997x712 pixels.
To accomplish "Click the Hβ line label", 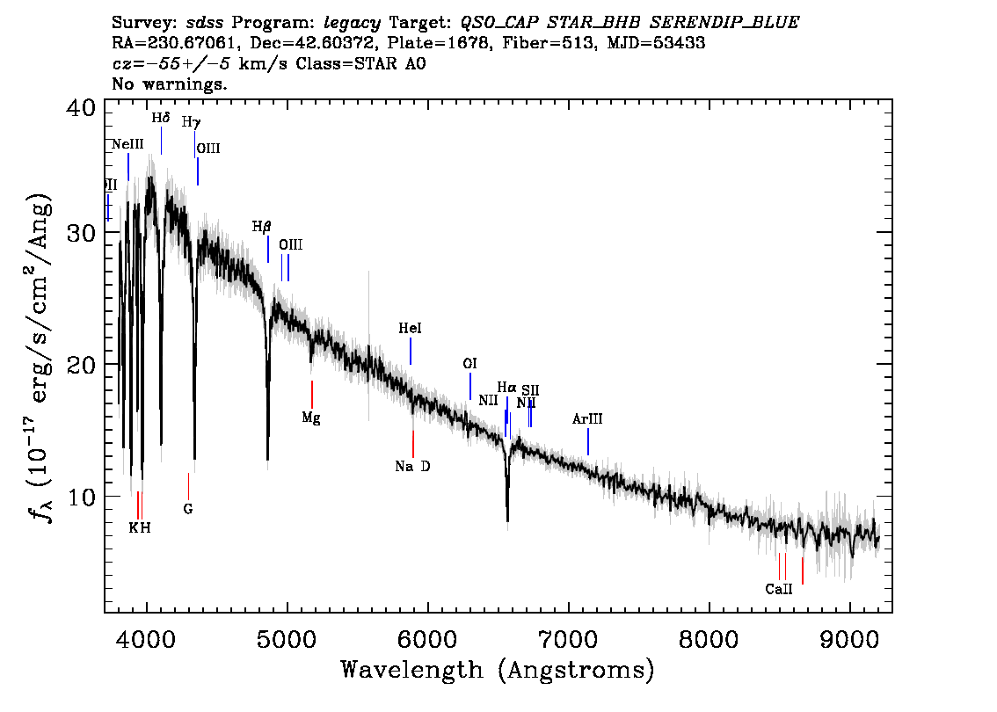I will (x=261, y=227).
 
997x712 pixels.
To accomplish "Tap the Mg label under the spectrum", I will (x=311, y=418).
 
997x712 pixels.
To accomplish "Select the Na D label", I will (x=412, y=467).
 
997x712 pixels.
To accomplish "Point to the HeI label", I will (x=410, y=329).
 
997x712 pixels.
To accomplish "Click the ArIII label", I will (x=587, y=420).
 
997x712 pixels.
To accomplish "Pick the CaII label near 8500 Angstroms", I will (x=778, y=589).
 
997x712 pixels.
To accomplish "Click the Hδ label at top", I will (x=160, y=118).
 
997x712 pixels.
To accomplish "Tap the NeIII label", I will (x=127, y=144).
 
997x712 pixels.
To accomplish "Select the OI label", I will (x=469, y=364).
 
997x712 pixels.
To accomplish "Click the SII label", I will (x=530, y=389).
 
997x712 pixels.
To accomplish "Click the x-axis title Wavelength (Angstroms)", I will (x=498, y=670).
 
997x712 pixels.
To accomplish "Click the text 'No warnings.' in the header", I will (x=171, y=84).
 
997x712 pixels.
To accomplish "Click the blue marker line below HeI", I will (x=410, y=351).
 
